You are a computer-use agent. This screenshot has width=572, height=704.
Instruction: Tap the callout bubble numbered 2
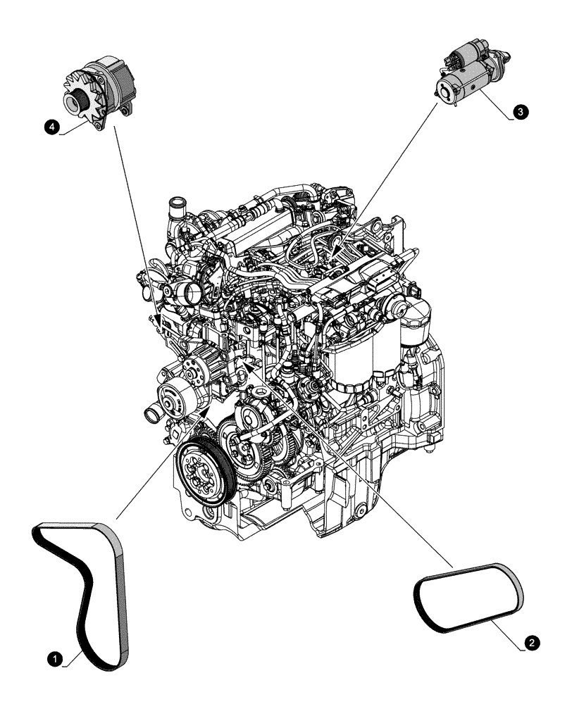coord(533,642)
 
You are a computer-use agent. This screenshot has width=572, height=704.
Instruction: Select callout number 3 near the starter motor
coord(519,111)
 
